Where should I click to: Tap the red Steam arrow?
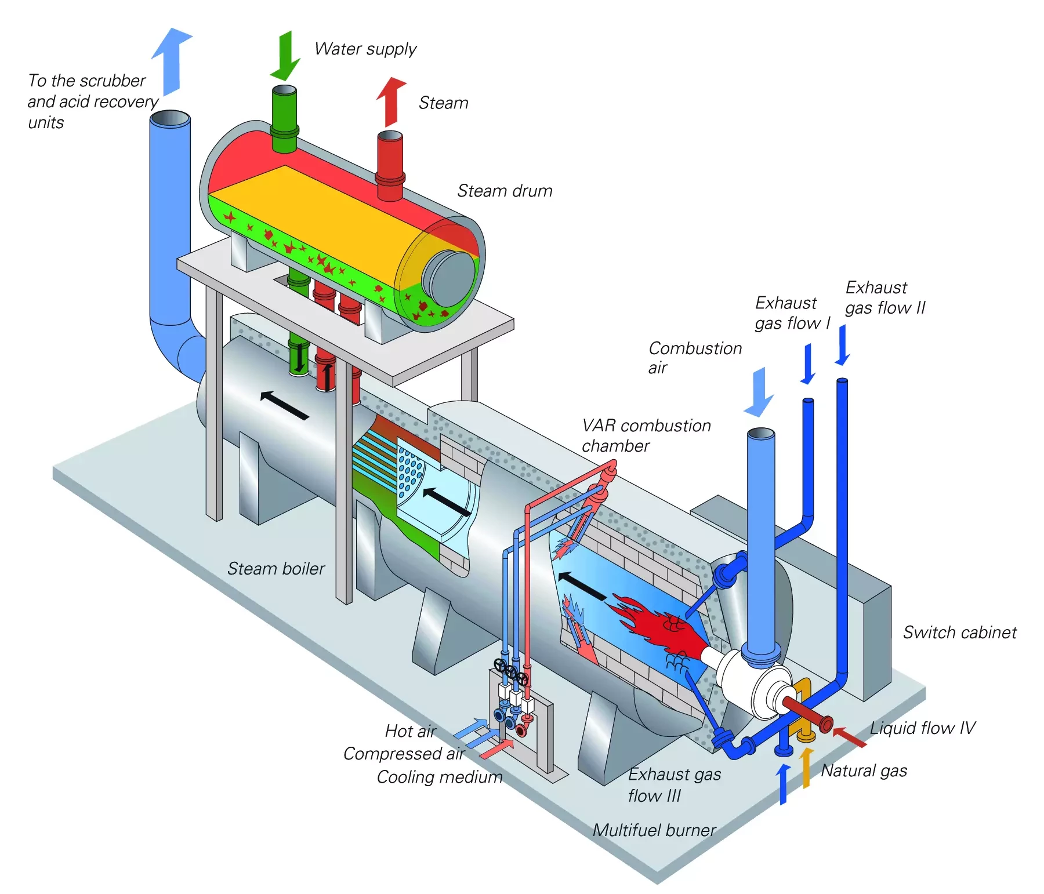tap(391, 101)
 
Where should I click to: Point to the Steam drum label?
tap(504, 191)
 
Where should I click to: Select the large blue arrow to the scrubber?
tap(172, 60)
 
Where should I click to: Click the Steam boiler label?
tap(275, 569)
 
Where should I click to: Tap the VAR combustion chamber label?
tap(646, 435)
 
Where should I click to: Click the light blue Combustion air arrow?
tap(759, 392)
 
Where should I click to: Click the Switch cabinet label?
tap(959, 633)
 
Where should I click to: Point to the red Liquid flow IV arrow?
tap(849, 736)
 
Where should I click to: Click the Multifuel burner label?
tap(654, 830)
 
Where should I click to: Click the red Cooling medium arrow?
tap(497, 749)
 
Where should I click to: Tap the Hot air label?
tap(410, 731)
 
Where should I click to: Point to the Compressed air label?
tap(404, 754)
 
